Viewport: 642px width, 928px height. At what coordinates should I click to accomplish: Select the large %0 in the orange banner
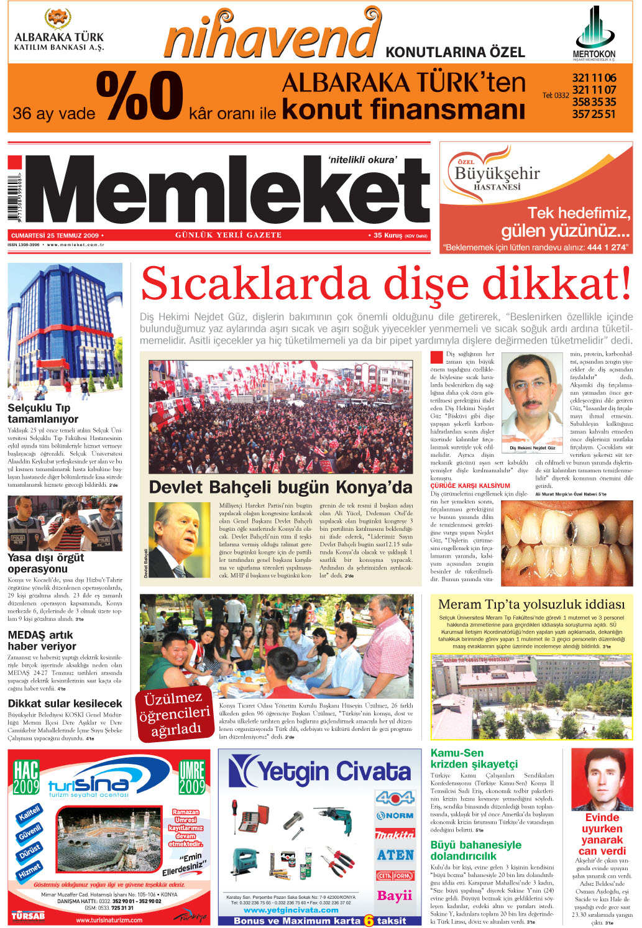[139, 96]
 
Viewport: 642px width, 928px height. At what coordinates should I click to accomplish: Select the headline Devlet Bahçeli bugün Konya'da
[280, 487]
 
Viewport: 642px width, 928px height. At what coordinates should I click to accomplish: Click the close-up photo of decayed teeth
[567, 536]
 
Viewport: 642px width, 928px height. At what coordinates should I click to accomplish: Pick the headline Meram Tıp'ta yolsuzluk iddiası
[531, 604]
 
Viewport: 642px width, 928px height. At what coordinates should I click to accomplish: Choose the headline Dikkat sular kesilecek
[65, 704]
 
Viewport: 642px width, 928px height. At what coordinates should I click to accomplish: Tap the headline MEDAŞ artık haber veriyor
[42, 640]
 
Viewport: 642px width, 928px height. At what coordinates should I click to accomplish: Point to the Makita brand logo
[395, 835]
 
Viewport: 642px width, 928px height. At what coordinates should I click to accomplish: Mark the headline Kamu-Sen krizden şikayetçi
[474, 758]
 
